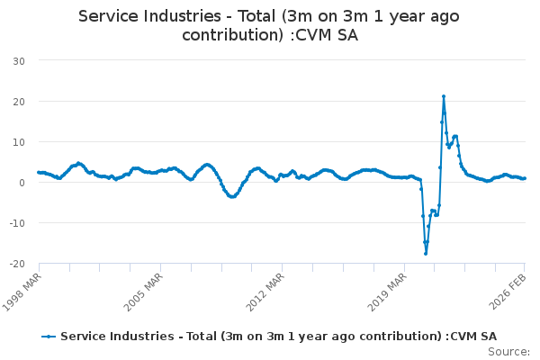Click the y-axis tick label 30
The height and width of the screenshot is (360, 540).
(17, 60)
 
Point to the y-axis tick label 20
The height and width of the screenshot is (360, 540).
(17, 101)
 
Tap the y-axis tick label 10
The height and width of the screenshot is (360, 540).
(17, 141)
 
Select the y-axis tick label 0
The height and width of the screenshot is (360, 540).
(20, 182)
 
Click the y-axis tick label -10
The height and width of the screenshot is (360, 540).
(15, 222)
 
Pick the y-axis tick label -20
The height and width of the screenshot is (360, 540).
(15, 263)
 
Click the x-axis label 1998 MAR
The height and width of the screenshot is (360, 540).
(23, 288)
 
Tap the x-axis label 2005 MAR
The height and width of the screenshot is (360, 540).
(144, 288)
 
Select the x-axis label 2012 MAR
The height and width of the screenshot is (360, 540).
(266, 288)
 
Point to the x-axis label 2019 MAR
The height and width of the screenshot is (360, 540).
(388, 288)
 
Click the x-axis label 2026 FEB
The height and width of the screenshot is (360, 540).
(509, 288)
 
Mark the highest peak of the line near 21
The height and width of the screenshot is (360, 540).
(444, 96)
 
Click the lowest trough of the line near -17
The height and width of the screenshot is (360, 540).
(426, 253)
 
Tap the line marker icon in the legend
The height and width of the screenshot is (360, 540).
(49, 336)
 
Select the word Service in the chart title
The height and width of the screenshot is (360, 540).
(109, 16)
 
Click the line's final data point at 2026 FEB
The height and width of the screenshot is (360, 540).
(525, 178)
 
